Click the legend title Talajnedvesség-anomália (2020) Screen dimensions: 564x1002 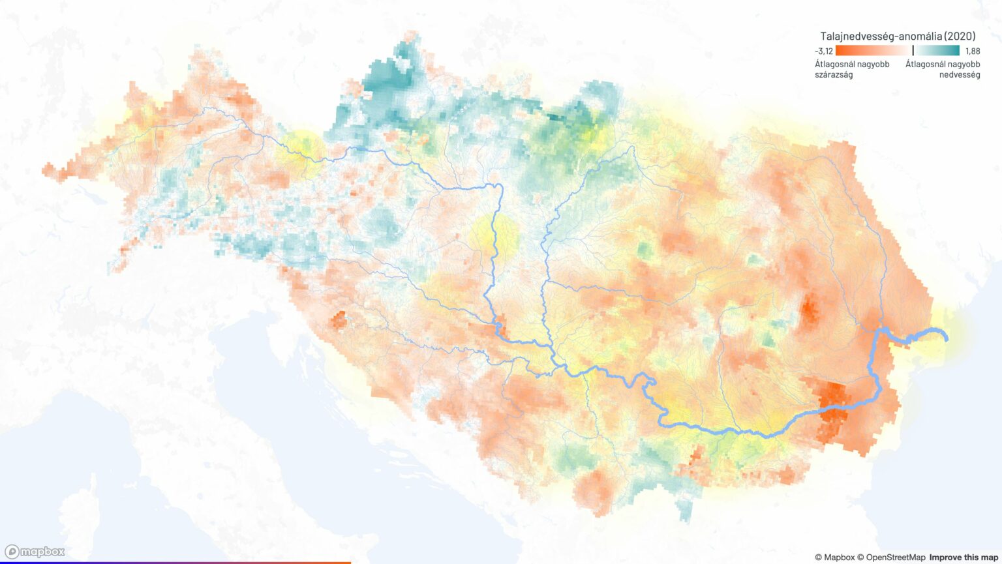tap(898, 37)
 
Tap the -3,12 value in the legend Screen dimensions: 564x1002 tap(823, 51)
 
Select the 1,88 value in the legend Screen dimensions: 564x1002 tap(972, 51)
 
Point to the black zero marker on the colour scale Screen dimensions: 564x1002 tap(913, 50)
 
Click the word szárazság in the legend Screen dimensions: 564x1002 tap(834, 74)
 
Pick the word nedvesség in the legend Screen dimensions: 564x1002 tap(959, 74)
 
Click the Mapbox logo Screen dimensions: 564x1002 tap(35, 552)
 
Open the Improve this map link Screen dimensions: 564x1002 tap(963, 557)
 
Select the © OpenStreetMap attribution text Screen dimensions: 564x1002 tap(891, 557)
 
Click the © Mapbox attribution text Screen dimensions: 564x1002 tap(834, 557)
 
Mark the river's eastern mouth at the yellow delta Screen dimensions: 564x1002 tap(945, 336)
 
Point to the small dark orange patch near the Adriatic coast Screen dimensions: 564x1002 tap(339, 320)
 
